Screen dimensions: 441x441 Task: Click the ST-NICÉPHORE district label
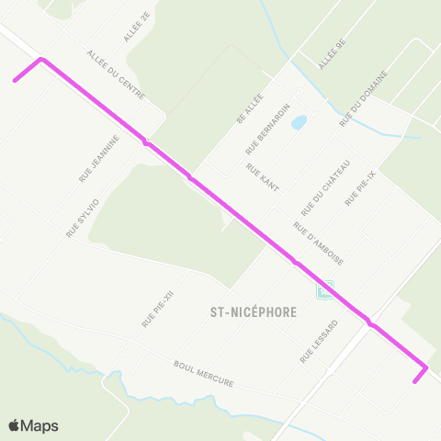pyautogui.click(x=247, y=311)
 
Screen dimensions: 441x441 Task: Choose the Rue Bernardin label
pyautogui.click(x=268, y=128)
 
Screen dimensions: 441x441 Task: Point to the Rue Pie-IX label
pyautogui.click(x=360, y=187)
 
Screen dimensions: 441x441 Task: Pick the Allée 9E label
pyautogui.click(x=332, y=54)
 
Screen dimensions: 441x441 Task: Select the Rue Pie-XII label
pyautogui.click(x=158, y=308)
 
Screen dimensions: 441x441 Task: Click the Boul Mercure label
pyautogui.click(x=203, y=373)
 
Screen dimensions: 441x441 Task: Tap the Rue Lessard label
pyautogui.click(x=319, y=341)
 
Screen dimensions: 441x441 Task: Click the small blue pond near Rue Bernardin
pyautogui.click(x=299, y=122)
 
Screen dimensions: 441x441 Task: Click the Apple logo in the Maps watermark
pyautogui.click(x=15, y=425)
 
